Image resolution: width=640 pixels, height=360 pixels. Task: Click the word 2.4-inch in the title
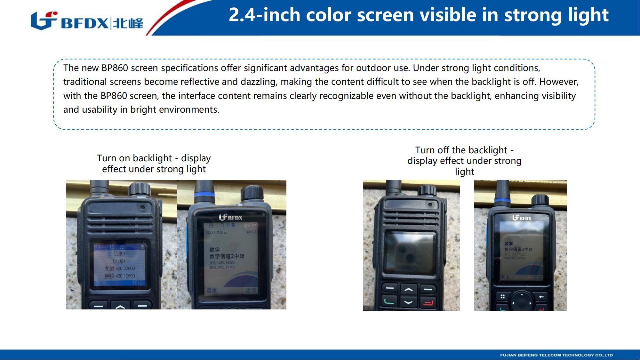pos(264,15)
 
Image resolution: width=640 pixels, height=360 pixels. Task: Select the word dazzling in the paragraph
pos(258,82)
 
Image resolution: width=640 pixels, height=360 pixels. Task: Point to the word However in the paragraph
pos(558,82)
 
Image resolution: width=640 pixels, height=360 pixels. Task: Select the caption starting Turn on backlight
pos(154,164)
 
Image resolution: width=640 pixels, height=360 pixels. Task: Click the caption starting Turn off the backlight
pos(464,161)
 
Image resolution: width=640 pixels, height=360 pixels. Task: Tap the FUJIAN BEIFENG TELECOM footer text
pos(556,355)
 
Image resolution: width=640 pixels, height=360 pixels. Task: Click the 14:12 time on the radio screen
pos(251,232)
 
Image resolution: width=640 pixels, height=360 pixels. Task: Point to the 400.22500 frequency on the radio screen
pos(125,268)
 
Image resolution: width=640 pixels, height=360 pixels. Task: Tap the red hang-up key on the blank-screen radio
pos(428,302)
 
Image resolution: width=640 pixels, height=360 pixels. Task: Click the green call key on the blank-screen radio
pos(389,302)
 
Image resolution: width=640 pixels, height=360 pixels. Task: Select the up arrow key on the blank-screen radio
pos(409,290)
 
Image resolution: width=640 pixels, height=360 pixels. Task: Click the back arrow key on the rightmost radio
pos(541,297)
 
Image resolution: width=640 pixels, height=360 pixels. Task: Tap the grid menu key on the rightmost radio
pos(502,297)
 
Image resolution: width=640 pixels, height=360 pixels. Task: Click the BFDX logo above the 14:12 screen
pos(231,218)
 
